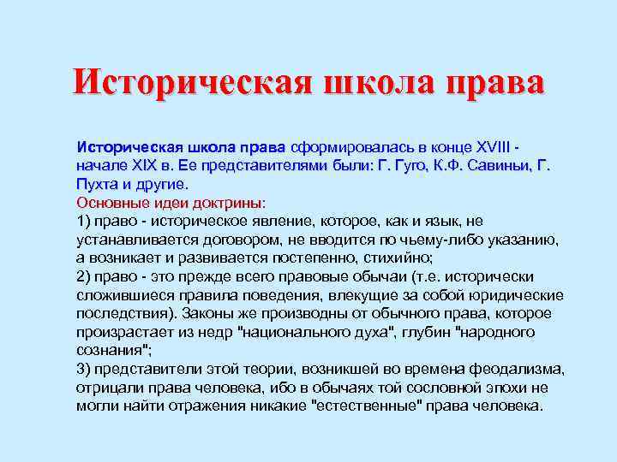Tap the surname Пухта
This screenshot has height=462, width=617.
[99, 183]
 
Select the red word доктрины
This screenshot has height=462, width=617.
[231, 203]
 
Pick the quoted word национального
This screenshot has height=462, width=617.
[301, 332]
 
